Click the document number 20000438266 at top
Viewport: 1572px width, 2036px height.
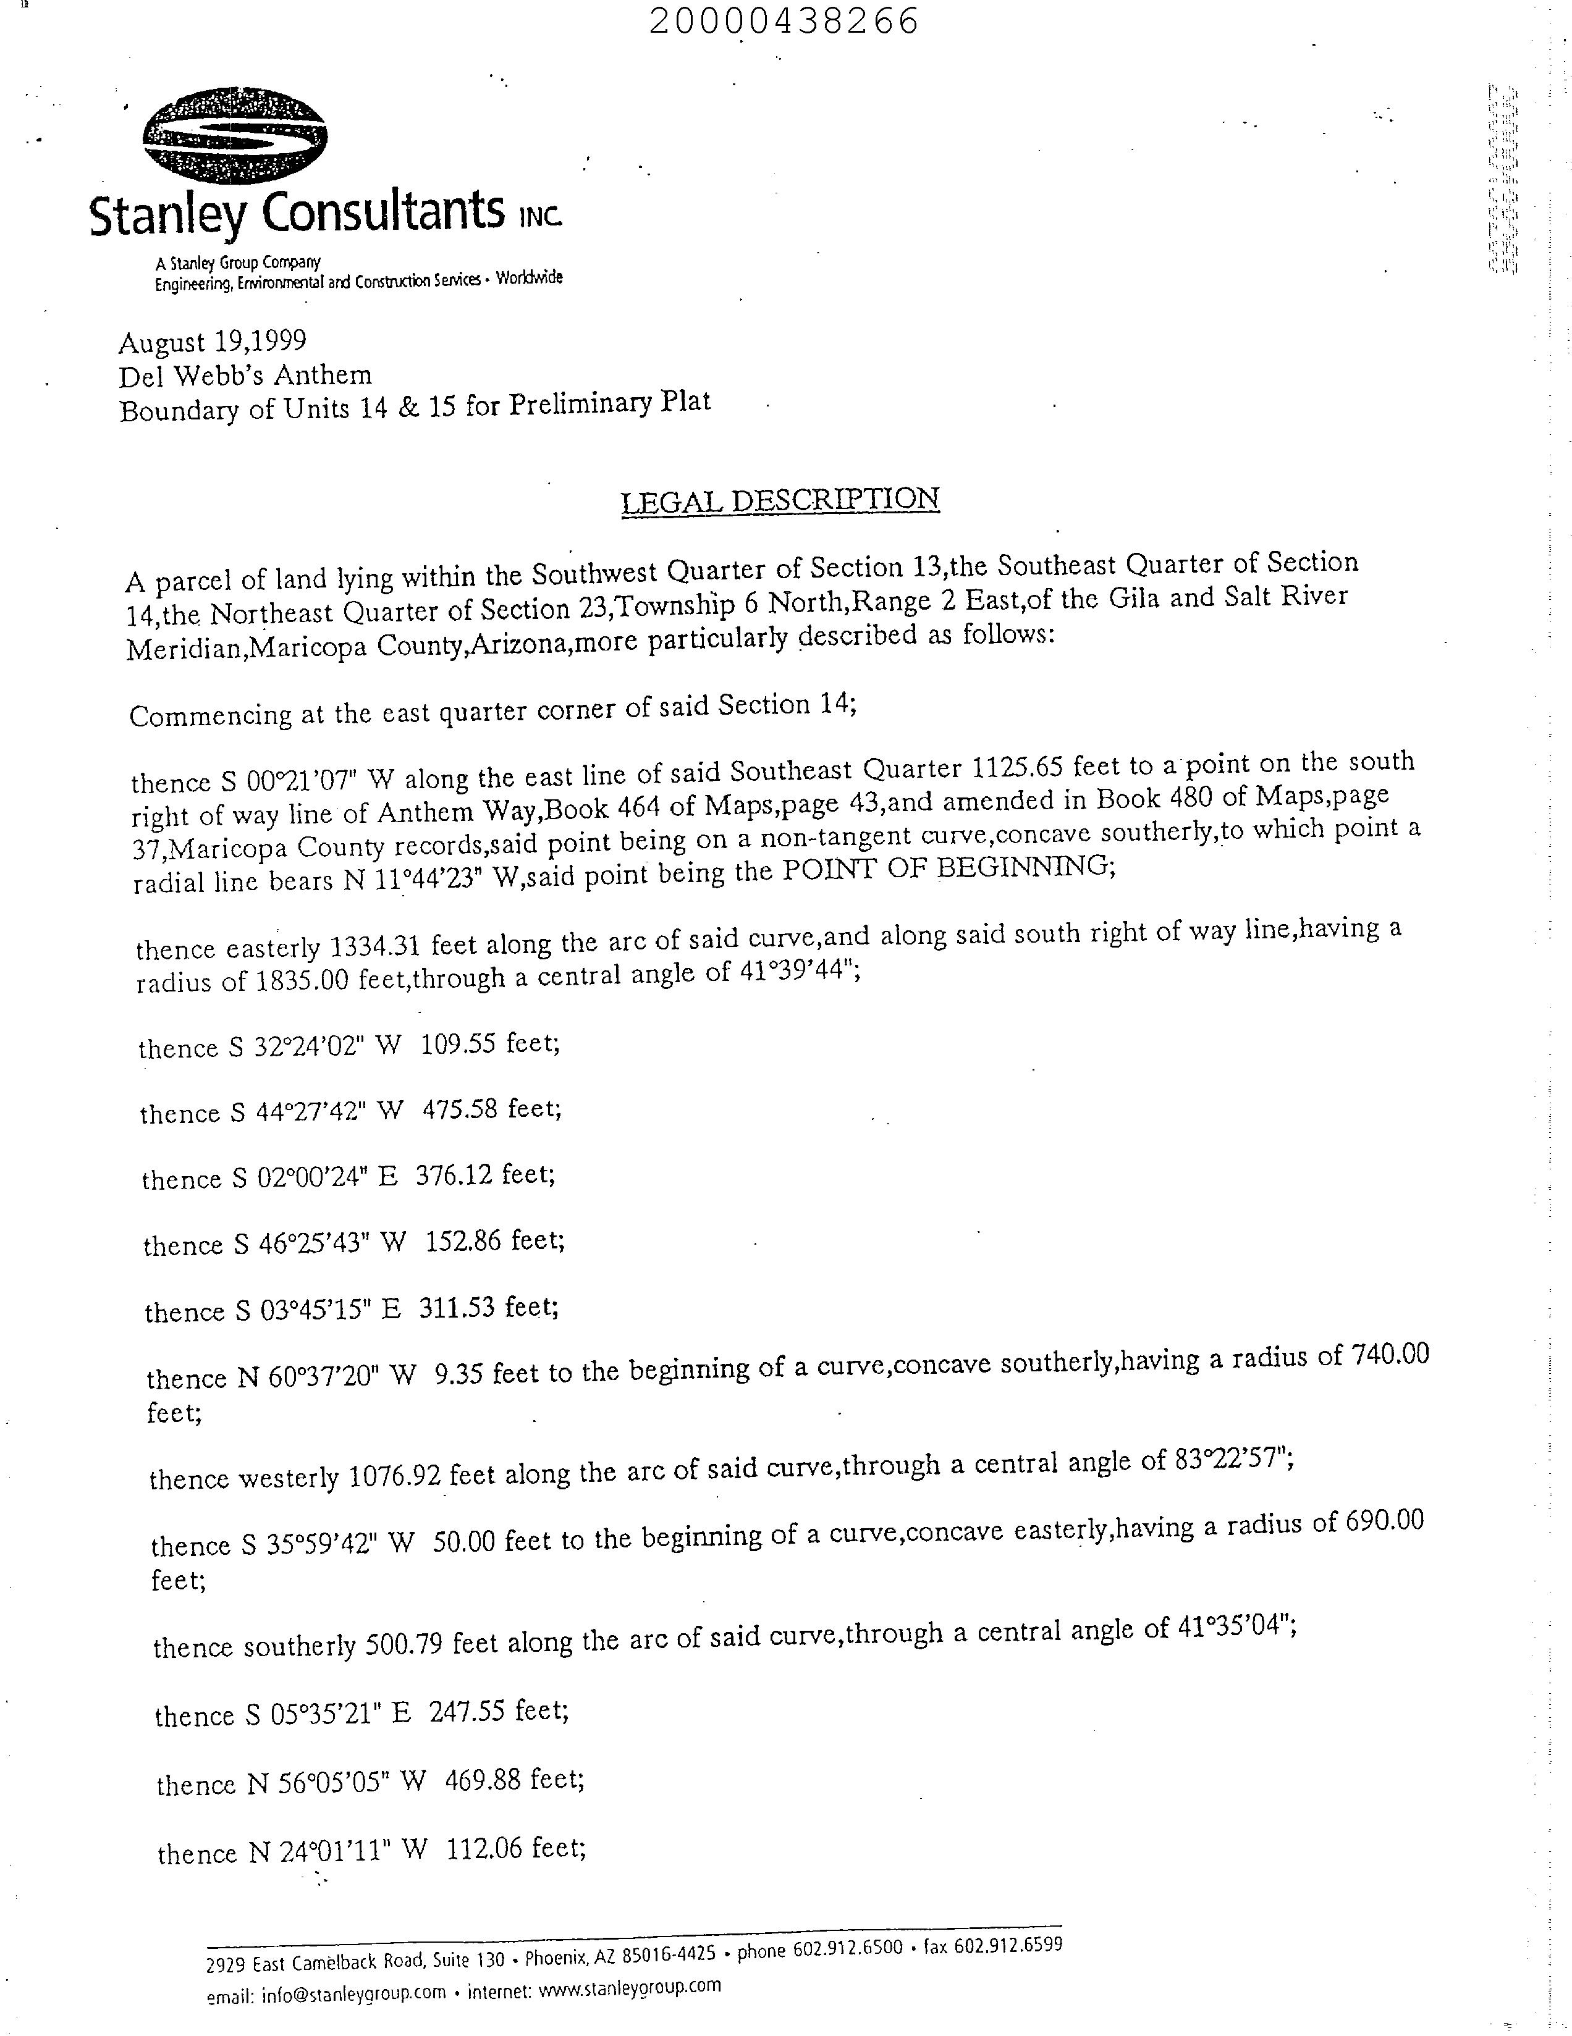[x=784, y=20]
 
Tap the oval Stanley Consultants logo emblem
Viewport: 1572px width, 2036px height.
[x=234, y=135]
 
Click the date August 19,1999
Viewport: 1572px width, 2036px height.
[x=212, y=342]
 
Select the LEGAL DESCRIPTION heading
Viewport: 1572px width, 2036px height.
[x=779, y=500]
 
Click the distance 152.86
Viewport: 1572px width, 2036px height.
[x=463, y=1242]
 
